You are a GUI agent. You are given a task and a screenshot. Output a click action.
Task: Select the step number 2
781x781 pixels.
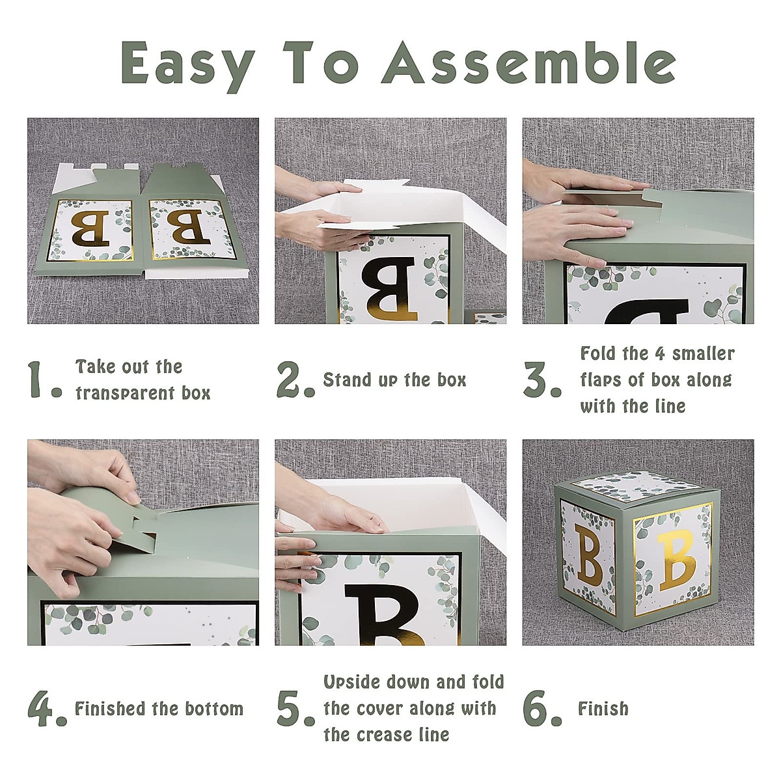[x=295, y=379]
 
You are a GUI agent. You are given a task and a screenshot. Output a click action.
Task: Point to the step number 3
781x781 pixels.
[x=542, y=379]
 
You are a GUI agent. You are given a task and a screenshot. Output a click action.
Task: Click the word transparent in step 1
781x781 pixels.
[x=125, y=394]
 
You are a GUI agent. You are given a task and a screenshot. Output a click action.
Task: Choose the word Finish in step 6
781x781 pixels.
[x=603, y=709]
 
